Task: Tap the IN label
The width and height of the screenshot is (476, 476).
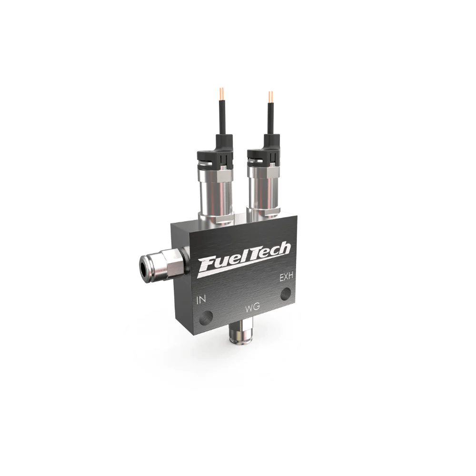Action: click(x=201, y=300)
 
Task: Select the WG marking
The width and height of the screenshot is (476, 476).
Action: click(x=252, y=308)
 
